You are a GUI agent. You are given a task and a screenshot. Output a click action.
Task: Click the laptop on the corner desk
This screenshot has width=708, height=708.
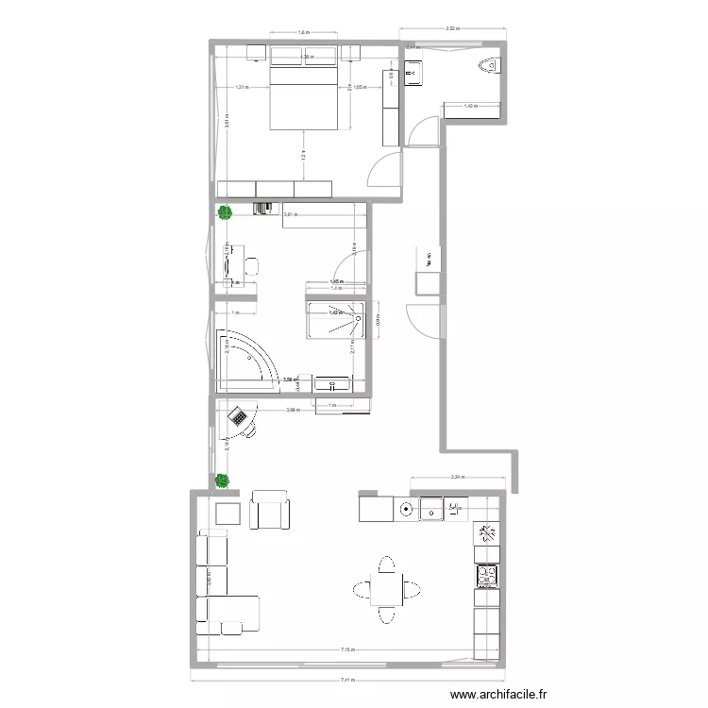point(239,415)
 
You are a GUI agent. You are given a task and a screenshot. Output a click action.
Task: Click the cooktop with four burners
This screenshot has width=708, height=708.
point(487,574)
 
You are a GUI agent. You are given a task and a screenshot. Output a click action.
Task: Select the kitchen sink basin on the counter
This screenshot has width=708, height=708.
point(432,511)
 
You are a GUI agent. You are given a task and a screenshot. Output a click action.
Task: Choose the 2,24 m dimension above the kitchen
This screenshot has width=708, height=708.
point(457,477)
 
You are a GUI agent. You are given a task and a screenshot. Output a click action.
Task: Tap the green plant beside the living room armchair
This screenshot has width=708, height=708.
point(223,480)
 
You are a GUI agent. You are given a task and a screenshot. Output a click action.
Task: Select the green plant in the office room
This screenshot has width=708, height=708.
point(225,213)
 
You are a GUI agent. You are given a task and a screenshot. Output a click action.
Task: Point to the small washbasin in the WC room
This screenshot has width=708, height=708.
point(413,70)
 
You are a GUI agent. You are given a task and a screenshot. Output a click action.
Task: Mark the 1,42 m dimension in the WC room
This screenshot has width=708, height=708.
point(471,106)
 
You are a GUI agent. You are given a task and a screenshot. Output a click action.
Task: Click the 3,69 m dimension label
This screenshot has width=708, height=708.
point(293,409)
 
